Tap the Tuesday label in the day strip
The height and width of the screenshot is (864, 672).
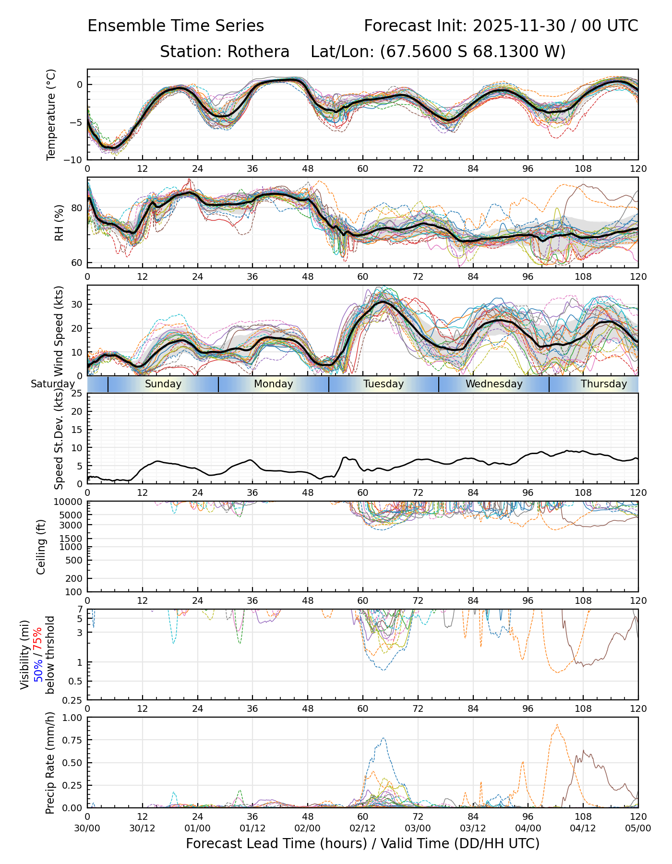384,384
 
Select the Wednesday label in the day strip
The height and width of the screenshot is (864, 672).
494,384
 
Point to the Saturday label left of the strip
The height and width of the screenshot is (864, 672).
53,384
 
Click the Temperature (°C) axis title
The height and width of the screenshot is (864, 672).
51,114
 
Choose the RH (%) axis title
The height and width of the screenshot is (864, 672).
59,223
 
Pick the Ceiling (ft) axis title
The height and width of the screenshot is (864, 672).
41,547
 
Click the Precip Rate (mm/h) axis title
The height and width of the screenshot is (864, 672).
50,763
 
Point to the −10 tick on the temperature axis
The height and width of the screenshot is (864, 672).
75,160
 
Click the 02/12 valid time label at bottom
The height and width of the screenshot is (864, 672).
362,828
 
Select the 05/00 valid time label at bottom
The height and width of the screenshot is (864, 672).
638,828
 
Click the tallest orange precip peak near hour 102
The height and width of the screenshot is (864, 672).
557,725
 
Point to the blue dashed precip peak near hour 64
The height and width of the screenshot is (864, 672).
383,739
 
